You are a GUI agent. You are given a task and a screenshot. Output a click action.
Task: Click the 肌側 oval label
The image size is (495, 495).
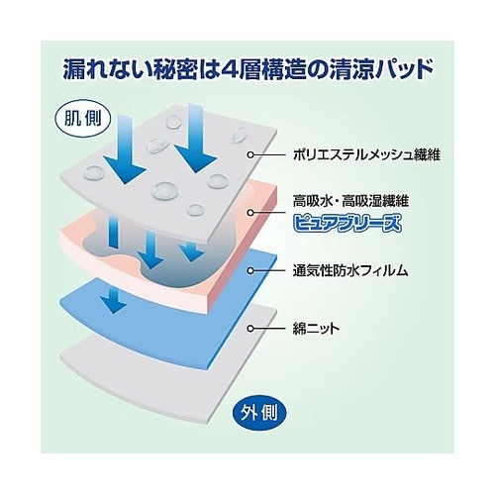point(83,118)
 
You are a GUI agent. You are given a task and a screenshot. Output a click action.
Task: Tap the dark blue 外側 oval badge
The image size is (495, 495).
point(258,413)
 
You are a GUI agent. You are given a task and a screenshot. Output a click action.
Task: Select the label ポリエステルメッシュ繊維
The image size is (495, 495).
point(366,154)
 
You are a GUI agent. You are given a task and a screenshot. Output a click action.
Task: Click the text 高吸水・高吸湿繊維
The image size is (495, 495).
point(350,201)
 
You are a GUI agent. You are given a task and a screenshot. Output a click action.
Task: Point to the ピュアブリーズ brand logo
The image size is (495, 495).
point(347,223)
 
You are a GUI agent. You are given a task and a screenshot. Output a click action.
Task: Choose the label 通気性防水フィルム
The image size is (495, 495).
point(350,270)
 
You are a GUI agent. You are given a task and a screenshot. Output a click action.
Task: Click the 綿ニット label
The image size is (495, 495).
point(316,329)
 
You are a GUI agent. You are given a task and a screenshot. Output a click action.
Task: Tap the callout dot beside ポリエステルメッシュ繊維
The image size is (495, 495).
point(251,154)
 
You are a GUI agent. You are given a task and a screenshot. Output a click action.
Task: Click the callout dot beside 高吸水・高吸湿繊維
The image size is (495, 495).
point(250,213)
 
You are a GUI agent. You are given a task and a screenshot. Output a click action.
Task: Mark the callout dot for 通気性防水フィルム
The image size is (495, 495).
point(250,270)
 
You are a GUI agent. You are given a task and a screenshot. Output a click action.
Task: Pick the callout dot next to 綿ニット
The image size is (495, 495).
point(250,329)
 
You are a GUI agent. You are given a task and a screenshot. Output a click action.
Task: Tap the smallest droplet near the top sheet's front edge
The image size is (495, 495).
point(195,210)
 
